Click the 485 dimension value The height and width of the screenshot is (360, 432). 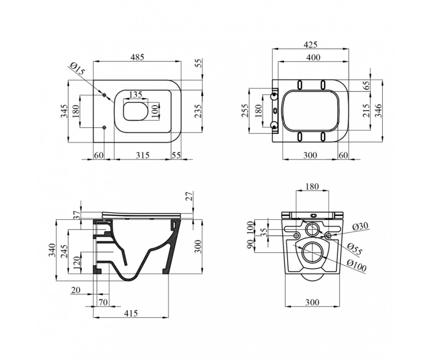coord(137,57)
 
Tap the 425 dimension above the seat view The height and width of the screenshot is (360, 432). coord(310,45)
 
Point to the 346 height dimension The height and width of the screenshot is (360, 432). coord(378,111)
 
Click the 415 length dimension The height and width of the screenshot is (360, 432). coord(131,313)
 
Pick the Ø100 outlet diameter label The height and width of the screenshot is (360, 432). coord(356,266)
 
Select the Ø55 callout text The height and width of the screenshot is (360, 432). coord(355,249)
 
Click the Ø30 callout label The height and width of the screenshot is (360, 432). coord(360,226)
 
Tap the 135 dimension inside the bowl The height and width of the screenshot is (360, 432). coord(135,95)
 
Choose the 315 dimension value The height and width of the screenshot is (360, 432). coord(143,155)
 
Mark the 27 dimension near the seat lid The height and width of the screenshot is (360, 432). coord(189,196)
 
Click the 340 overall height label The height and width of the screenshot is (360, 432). coord(52,250)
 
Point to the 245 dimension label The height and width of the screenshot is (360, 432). coord(64,251)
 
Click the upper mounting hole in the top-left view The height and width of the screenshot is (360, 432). coord(104,95)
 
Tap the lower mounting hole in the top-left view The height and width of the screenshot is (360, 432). coord(104,127)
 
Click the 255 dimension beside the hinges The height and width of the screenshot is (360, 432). coord(245,111)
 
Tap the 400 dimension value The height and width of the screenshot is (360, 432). coord(313,57)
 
